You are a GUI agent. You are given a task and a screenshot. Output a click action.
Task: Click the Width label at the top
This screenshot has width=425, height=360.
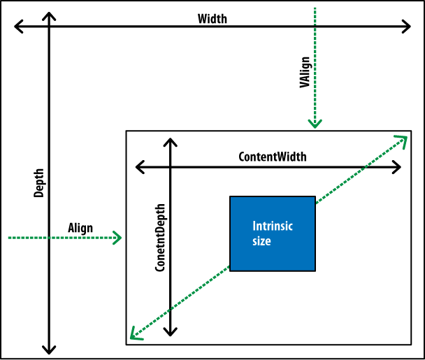point(212,19)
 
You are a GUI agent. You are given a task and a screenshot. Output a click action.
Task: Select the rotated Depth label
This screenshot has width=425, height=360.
point(39,183)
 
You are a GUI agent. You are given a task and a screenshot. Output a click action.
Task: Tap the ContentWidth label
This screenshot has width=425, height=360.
point(273,157)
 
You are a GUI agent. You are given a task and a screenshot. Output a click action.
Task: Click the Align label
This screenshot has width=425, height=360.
point(80,228)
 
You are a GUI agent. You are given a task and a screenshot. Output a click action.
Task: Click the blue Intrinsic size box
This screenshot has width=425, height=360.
point(272,233)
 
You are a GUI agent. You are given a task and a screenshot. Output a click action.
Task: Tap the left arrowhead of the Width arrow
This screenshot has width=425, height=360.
point(17,27)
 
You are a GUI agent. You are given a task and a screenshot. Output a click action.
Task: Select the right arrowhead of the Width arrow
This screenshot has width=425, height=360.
point(407,27)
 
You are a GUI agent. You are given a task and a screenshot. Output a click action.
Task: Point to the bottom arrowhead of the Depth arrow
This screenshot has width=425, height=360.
point(49,348)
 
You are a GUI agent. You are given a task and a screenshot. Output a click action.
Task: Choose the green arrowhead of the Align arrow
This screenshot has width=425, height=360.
point(118,238)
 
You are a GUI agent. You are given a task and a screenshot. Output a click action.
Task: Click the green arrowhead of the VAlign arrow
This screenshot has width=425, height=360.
point(315,124)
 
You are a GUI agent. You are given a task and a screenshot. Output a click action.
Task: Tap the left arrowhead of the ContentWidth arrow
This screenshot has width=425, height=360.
point(139,167)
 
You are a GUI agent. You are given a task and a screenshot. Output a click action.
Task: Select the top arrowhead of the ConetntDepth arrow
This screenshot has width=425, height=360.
point(170,143)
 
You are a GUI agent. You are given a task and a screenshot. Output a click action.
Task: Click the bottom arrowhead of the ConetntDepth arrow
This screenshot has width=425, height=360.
point(170,331)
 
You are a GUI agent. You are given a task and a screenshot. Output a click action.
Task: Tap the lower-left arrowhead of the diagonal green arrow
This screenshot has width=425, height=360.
point(132,336)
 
